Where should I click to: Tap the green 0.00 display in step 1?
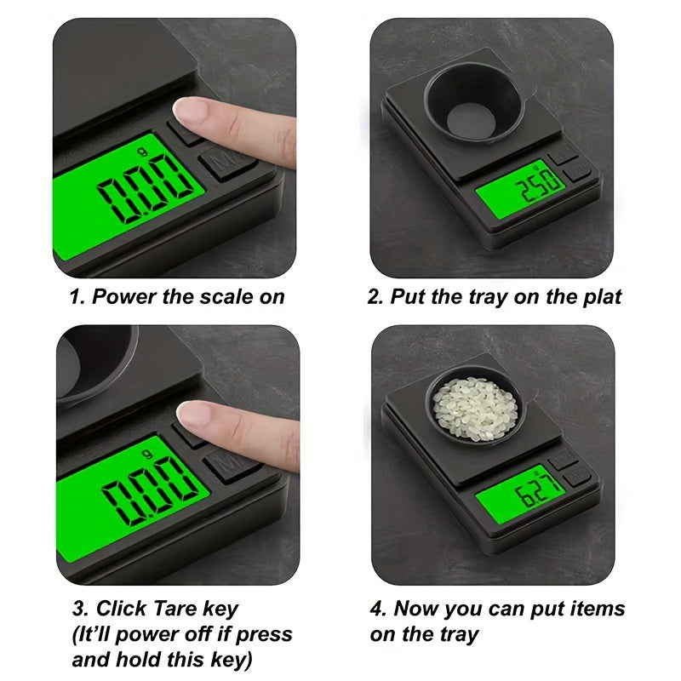coord(128,197)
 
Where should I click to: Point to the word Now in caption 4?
coord(417,609)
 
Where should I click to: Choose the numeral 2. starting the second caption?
coord(375,297)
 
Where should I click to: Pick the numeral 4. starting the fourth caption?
coord(378,609)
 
